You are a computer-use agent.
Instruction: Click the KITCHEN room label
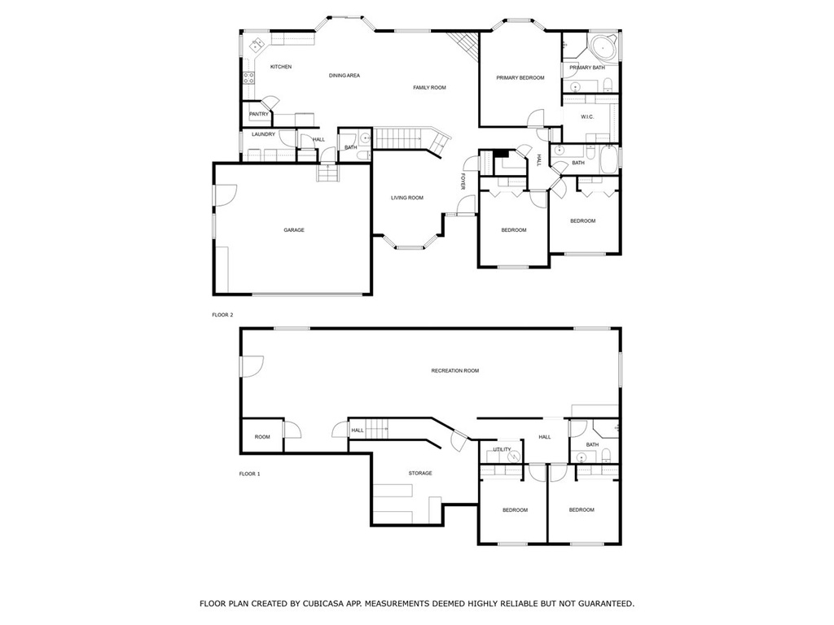point(281,67)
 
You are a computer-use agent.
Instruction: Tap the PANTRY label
point(259,114)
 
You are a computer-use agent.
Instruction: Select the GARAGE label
point(293,230)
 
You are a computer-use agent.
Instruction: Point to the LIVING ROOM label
point(407,198)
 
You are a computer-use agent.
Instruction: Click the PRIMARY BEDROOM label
point(520,77)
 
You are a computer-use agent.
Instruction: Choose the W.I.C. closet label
point(587,117)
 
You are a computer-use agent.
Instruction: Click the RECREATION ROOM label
point(454,371)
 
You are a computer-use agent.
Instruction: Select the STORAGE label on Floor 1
point(420,473)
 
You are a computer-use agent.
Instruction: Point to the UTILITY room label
point(502,449)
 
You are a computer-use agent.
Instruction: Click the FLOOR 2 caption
point(223,315)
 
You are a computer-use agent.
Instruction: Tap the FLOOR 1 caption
point(249,474)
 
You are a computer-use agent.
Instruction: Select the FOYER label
point(463,181)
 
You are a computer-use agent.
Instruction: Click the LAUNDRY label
point(263,134)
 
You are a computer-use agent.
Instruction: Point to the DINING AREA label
point(345,76)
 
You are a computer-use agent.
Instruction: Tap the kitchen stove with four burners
point(248,78)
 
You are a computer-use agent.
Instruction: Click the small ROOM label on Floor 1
point(262,437)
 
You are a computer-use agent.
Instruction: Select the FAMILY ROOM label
point(430,88)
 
